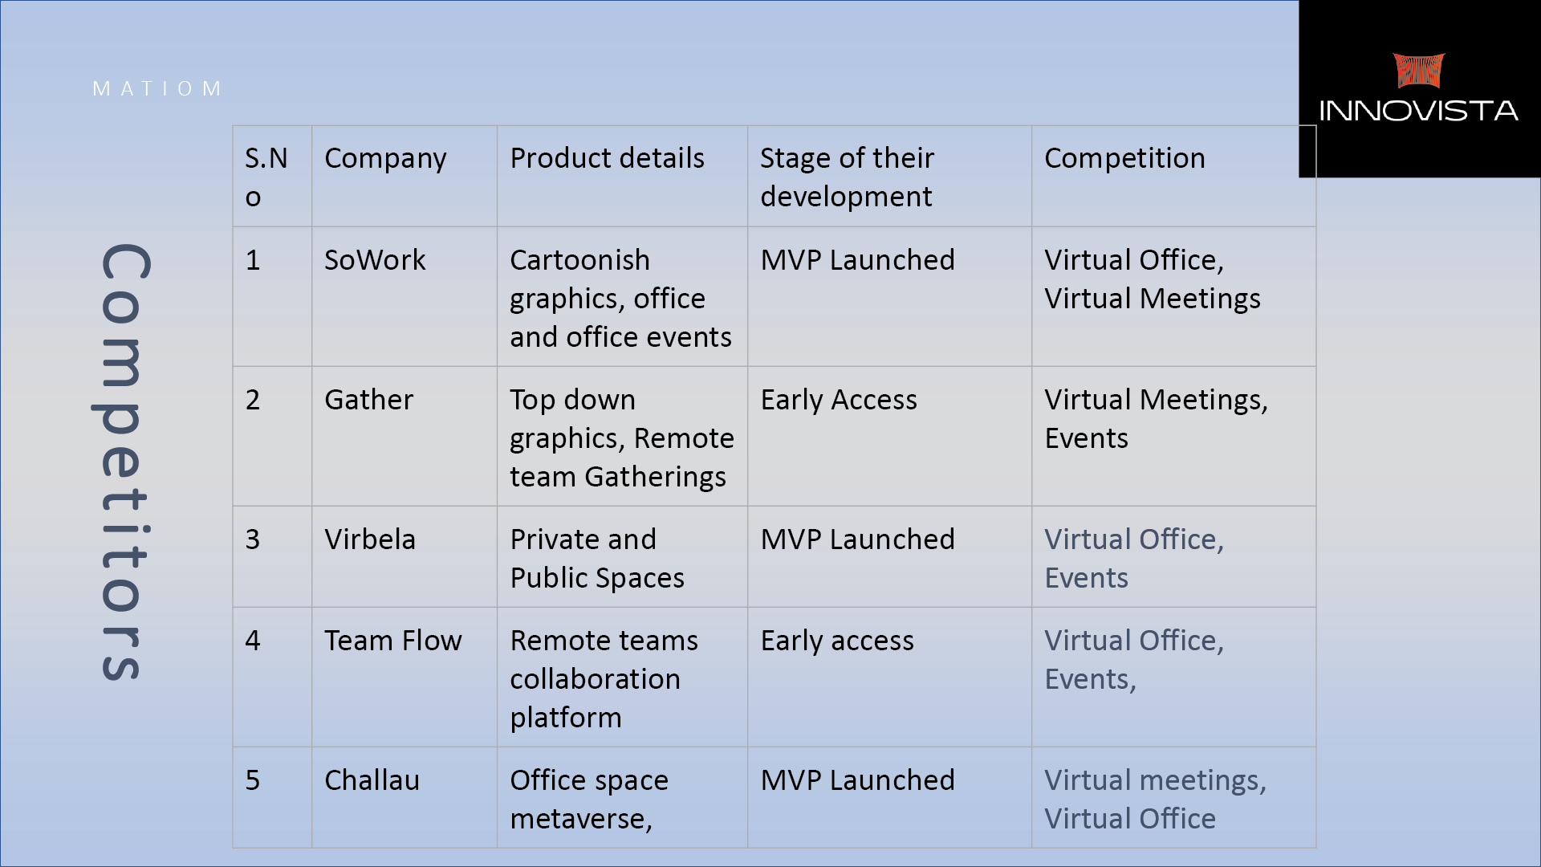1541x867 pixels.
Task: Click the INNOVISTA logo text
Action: pyautogui.click(x=1418, y=111)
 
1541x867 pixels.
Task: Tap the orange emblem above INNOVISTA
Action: pyautogui.click(x=1419, y=71)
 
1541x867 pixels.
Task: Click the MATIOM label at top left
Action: pyautogui.click(x=157, y=88)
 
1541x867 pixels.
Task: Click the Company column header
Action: pyautogui.click(x=385, y=159)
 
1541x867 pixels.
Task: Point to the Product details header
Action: pyautogui.click(x=607, y=158)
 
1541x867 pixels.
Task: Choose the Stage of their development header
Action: pyautogui.click(x=847, y=177)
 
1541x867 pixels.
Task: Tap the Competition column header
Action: pyautogui.click(x=1124, y=159)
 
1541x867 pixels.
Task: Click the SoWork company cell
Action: pyautogui.click(x=375, y=260)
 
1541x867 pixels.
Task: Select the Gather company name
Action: pyautogui.click(x=368, y=400)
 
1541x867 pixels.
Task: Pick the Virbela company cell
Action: pyautogui.click(x=370, y=539)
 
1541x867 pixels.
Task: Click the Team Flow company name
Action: pyautogui.click(x=393, y=641)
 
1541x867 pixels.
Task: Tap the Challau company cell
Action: pyautogui.click(x=372, y=780)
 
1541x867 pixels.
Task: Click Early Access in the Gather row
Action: pyautogui.click(x=839, y=400)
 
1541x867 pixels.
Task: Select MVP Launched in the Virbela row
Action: pyautogui.click(x=857, y=539)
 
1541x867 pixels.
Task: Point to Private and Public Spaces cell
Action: pyautogui.click(x=597, y=559)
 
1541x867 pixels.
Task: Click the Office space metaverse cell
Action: pyautogui.click(x=589, y=800)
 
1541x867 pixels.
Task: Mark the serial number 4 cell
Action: pyautogui.click(x=253, y=641)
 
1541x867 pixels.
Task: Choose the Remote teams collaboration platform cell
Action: pyautogui.click(x=604, y=679)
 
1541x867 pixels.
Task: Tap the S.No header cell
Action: pyautogui.click(x=266, y=177)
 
